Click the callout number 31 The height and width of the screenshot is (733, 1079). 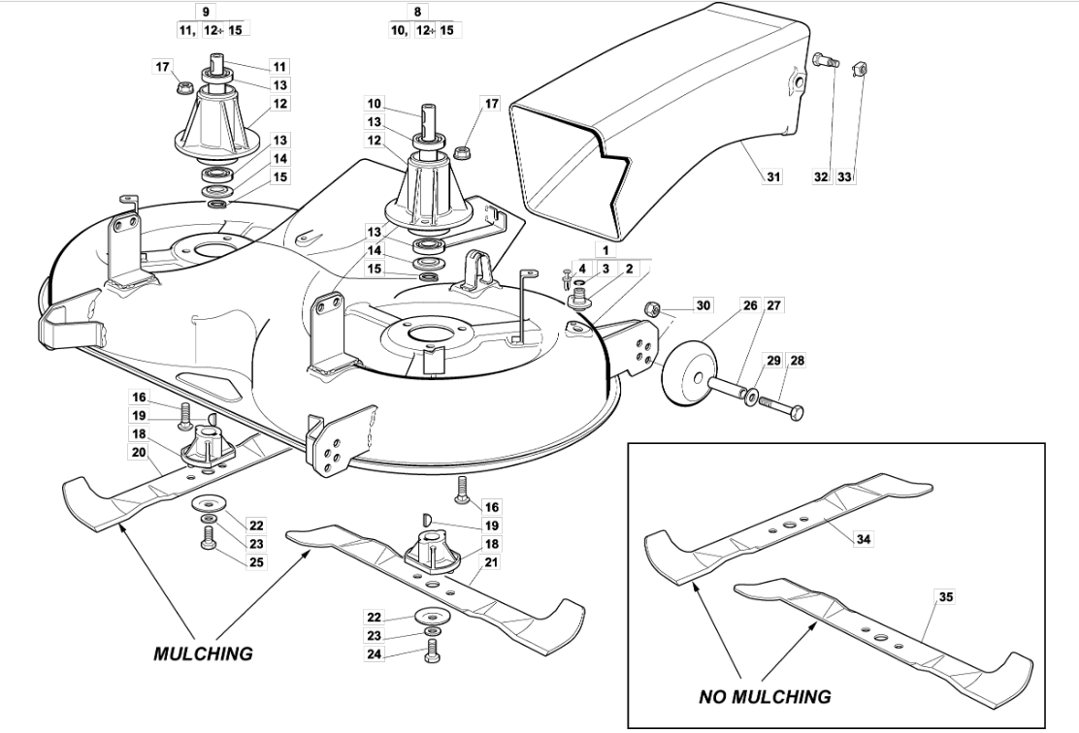[x=774, y=176]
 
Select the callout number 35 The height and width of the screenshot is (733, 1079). [x=946, y=597]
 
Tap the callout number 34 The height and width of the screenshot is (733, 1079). [x=863, y=539]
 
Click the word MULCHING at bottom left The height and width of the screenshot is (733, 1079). [x=202, y=653]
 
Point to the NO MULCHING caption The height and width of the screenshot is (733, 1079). [x=765, y=696]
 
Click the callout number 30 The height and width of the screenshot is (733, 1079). [x=703, y=304]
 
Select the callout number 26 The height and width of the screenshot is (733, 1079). [x=750, y=304]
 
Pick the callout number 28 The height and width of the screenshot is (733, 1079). [x=797, y=361]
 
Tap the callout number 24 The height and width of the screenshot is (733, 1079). [x=374, y=653]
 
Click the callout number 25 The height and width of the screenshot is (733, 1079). [x=256, y=561]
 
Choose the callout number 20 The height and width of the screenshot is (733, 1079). [x=139, y=452]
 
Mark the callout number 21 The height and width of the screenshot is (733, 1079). [x=491, y=561]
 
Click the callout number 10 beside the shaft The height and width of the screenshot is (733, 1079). [x=374, y=104]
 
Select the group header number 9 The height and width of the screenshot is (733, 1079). [x=205, y=12]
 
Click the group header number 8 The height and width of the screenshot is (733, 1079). [x=417, y=12]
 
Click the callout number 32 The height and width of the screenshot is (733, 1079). [x=821, y=176]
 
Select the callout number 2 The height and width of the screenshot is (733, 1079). [x=629, y=269]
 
